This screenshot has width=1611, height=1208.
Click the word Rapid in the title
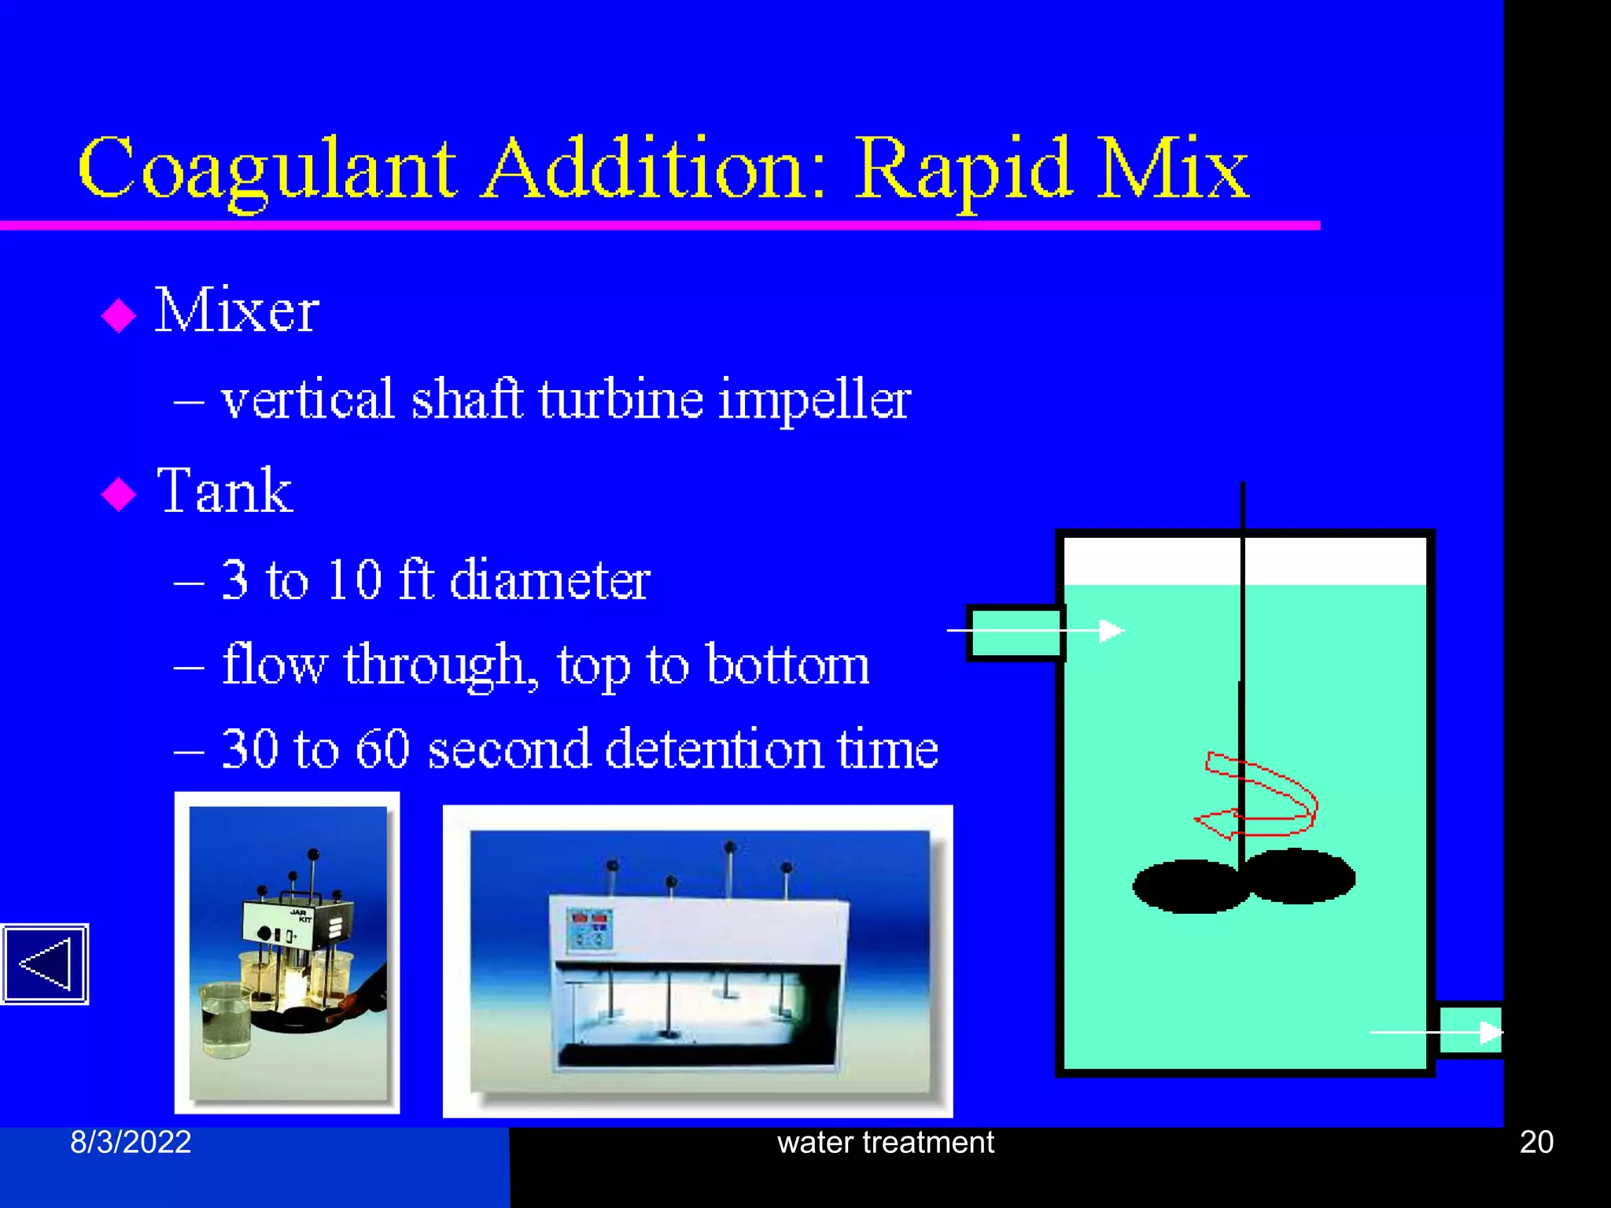click(963, 169)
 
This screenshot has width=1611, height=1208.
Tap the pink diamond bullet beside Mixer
click(119, 315)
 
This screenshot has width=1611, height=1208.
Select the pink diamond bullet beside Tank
click(119, 494)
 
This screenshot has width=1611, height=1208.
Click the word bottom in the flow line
click(787, 665)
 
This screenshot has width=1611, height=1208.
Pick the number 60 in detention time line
click(382, 749)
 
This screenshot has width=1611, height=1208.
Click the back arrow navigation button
click(45, 963)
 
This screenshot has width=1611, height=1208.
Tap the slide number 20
click(1535, 1142)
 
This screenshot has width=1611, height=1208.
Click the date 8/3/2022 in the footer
click(131, 1142)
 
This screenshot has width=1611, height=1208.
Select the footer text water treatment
click(885, 1142)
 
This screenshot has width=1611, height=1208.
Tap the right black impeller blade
click(1299, 875)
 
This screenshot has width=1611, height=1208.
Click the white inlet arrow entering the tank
click(1111, 631)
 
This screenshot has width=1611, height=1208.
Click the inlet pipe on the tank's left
click(1015, 632)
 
